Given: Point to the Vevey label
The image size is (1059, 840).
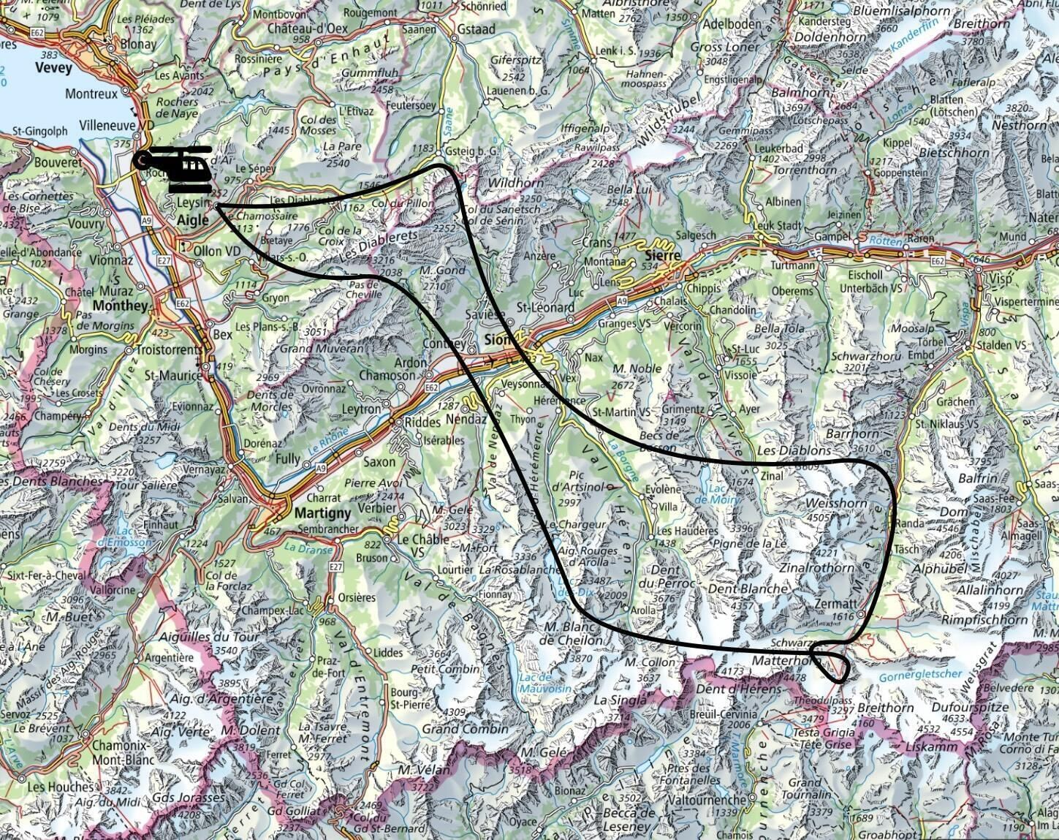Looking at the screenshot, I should [53, 68].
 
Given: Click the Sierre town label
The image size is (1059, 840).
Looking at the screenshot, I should [664, 255].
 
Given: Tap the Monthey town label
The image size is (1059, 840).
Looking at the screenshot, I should [121, 306].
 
